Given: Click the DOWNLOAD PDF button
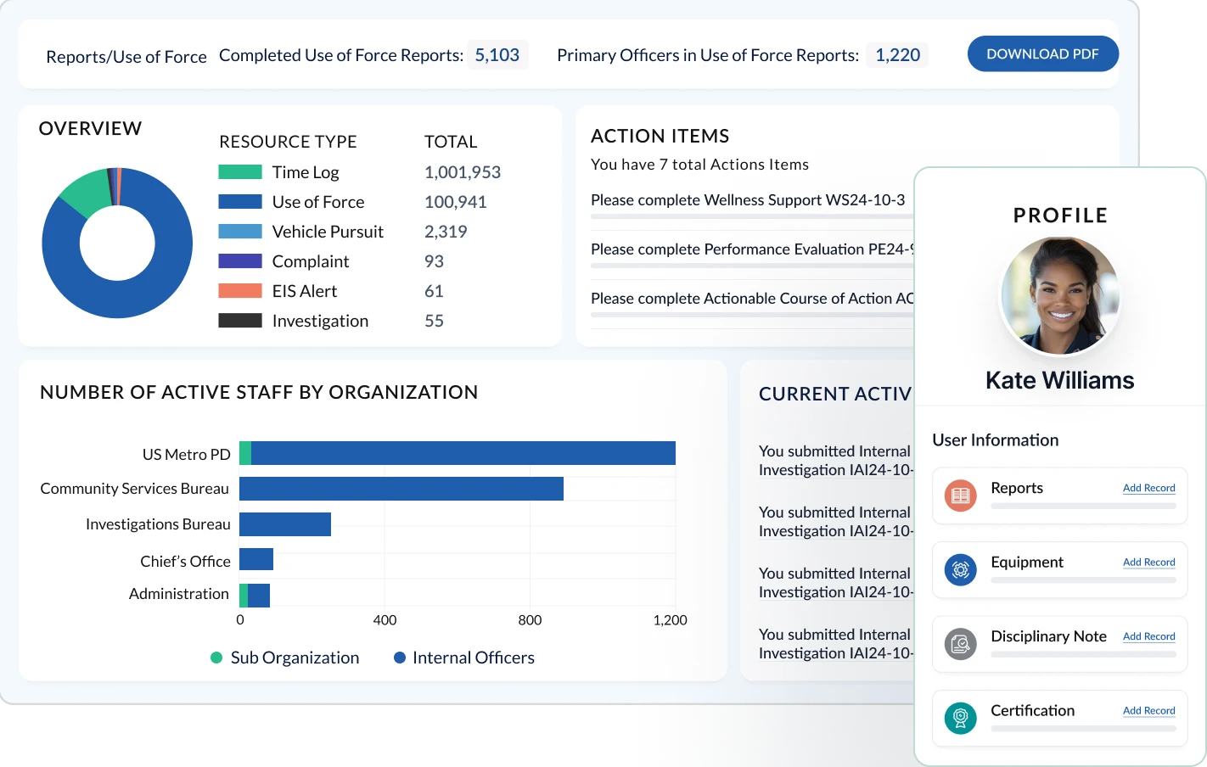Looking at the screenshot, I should [x=1042, y=54].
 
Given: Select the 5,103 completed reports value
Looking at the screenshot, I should [x=497, y=55].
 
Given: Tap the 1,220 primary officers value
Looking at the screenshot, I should [x=897, y=55].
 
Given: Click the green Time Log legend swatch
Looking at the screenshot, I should [x=240, y=172].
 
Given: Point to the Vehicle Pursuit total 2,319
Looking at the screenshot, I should [x=446, y=232].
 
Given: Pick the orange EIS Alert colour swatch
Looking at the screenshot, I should [x=240, y=291].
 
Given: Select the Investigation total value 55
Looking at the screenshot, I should [x=434, y=321].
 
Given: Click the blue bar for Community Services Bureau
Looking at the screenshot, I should [x=401, y=489].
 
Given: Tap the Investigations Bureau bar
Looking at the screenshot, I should [x=285, y=524].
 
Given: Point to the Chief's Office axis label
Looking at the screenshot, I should [x=185, y=561].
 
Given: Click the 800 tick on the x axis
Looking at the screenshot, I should [x=530, y=620].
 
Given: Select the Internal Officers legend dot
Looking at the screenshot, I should [x=400, y=658].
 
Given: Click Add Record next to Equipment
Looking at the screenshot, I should [x=1148, y=562].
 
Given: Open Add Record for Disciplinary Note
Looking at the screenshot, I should [x=1148, y=636].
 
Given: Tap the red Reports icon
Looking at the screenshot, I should [x=960, y=495].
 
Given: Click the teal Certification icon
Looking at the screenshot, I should [x=960, y=718].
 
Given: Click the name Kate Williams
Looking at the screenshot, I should [x=1059, y=380].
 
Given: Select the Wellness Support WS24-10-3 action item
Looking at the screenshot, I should [x=748, y=200].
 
